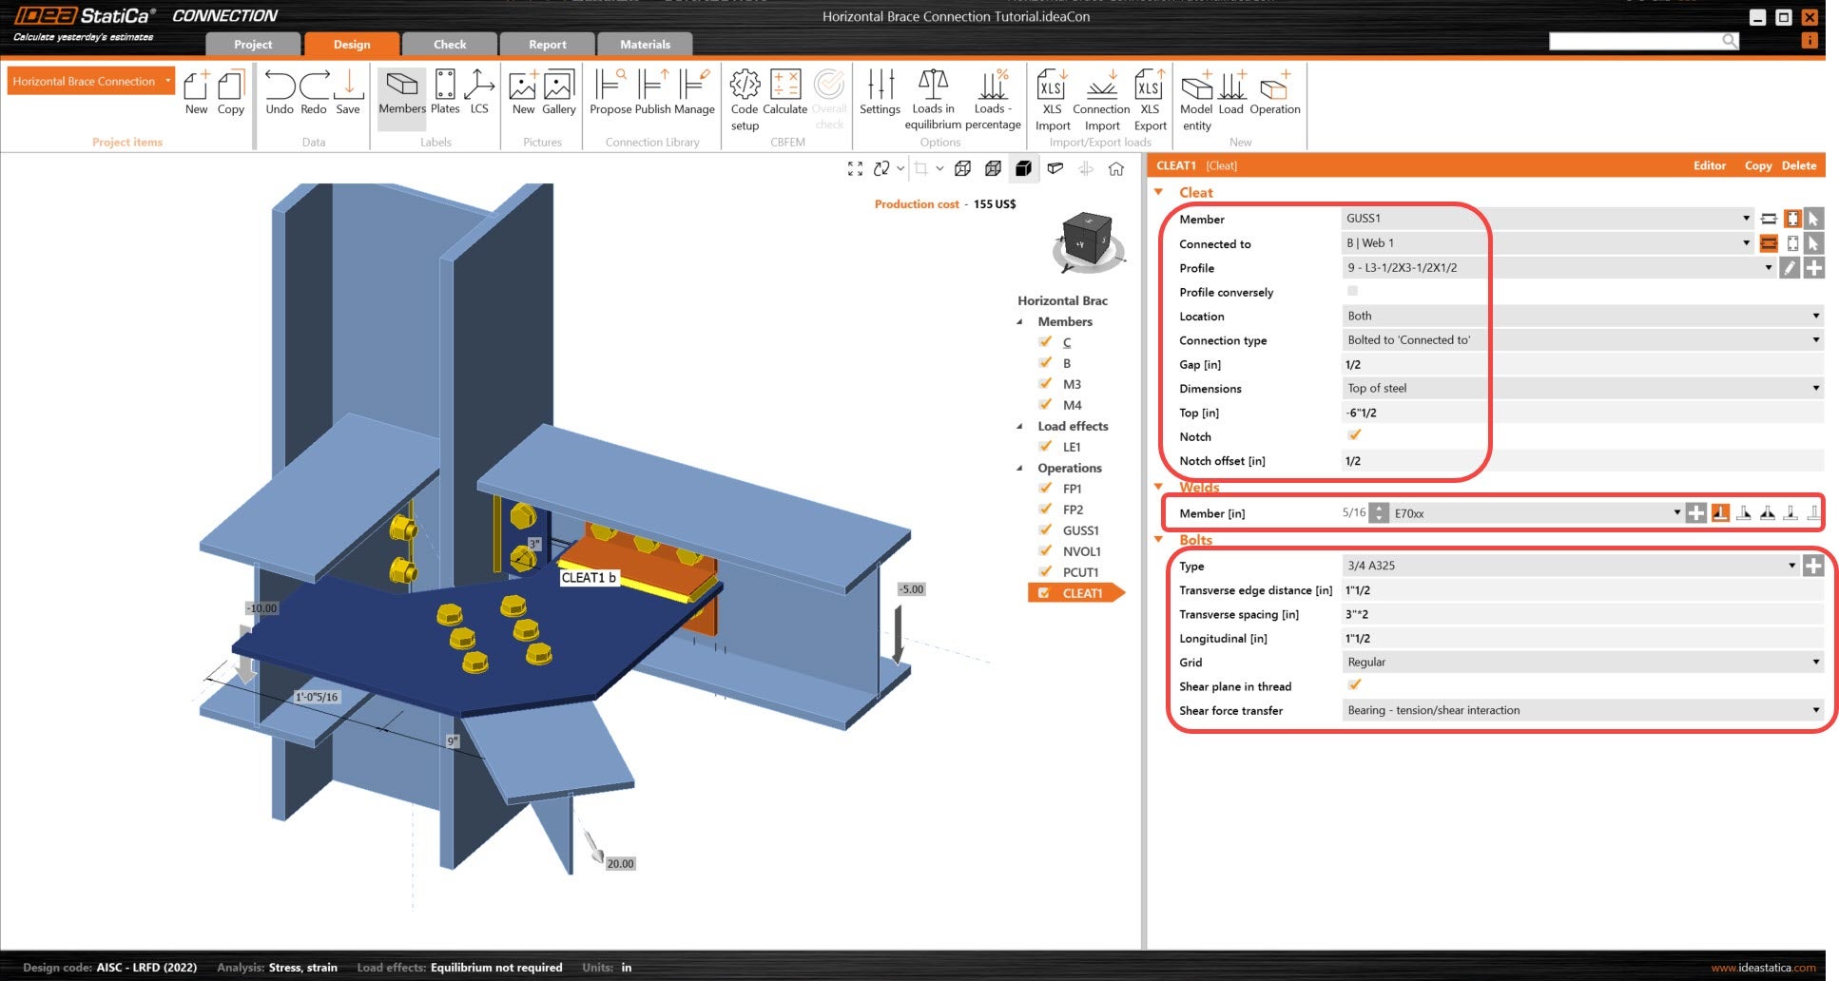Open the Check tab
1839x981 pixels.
(x=450, y=45)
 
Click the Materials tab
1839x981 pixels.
(x=645, y=45)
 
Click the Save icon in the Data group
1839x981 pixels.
(x=348, y=92)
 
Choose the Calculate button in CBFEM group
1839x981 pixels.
(x=784, y=92)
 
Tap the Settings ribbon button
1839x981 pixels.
(x=880, y=92)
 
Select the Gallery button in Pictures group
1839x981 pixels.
(x=558, y=92)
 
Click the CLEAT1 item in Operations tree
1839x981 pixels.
(x=1082, y=593)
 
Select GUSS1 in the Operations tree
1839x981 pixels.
(x=1081, y=530)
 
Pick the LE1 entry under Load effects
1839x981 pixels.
(x=1072, y=447)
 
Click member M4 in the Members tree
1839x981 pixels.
(x=1072, y=405)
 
